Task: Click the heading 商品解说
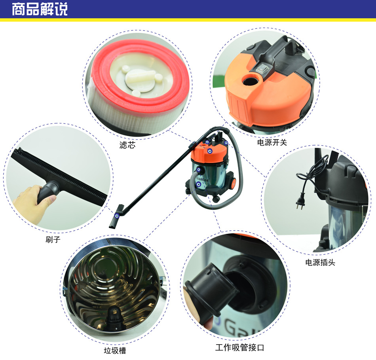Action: pos(40,9)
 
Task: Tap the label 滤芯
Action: pos(127,145)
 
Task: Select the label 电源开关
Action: pos(272,142)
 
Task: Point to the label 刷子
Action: pos(53,239)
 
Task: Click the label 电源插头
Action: pos(320,262)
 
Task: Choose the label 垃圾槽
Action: pos(115,351)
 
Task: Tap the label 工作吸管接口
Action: pos(239,347)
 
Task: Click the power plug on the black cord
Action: pos(300,204)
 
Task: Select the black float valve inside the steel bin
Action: pos(115,319)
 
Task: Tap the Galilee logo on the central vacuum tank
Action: pos(202,179)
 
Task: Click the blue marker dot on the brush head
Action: pos(117,216)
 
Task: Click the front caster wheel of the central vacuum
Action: pos(216,199)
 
